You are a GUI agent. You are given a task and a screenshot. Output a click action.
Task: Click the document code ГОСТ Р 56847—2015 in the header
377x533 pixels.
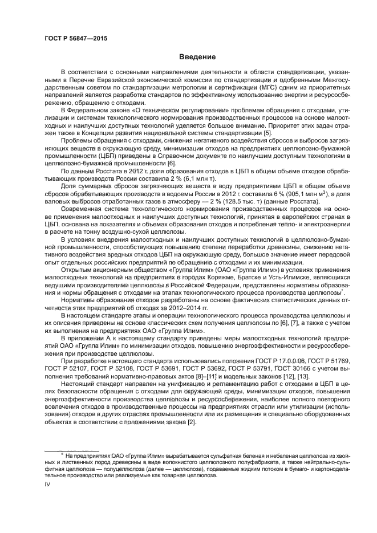point(75,38)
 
